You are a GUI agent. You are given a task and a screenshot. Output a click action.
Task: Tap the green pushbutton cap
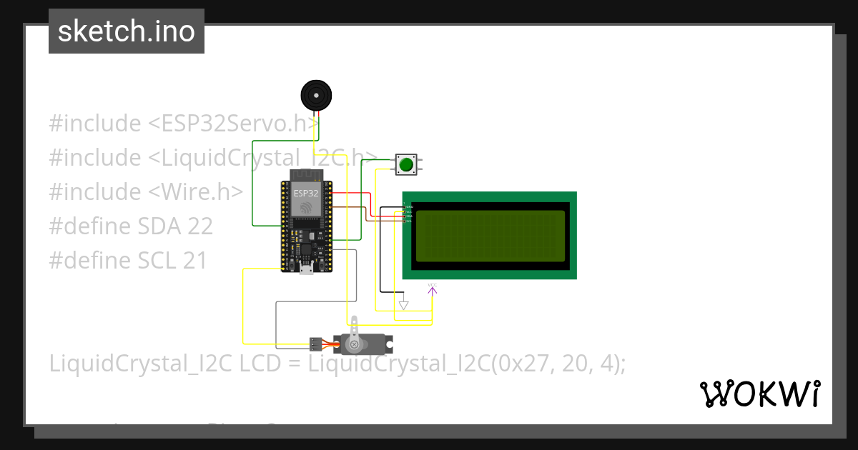(x=406, y=165)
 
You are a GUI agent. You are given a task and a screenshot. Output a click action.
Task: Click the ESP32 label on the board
(x=306, y=193)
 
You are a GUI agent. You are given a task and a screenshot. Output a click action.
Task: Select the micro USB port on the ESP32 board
(x=306, y=269)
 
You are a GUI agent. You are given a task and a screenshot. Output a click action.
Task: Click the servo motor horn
(x=353, y=344)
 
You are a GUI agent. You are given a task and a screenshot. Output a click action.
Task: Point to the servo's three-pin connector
(x=315, y=344)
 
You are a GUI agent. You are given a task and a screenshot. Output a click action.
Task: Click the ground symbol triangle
(x=403, y=305)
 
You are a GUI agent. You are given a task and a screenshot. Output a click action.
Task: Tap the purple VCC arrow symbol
(x=432, y=289)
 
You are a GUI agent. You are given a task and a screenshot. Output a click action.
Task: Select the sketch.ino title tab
(x=127, y=31)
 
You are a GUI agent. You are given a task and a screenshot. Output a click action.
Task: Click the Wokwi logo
(x=760, y=394)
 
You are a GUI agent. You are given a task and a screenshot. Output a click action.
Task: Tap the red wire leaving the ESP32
(x=350, y=193)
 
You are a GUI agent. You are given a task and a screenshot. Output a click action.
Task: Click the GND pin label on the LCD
(x=409, y=206)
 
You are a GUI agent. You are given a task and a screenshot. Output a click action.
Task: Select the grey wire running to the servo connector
(x=277, y=321)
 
